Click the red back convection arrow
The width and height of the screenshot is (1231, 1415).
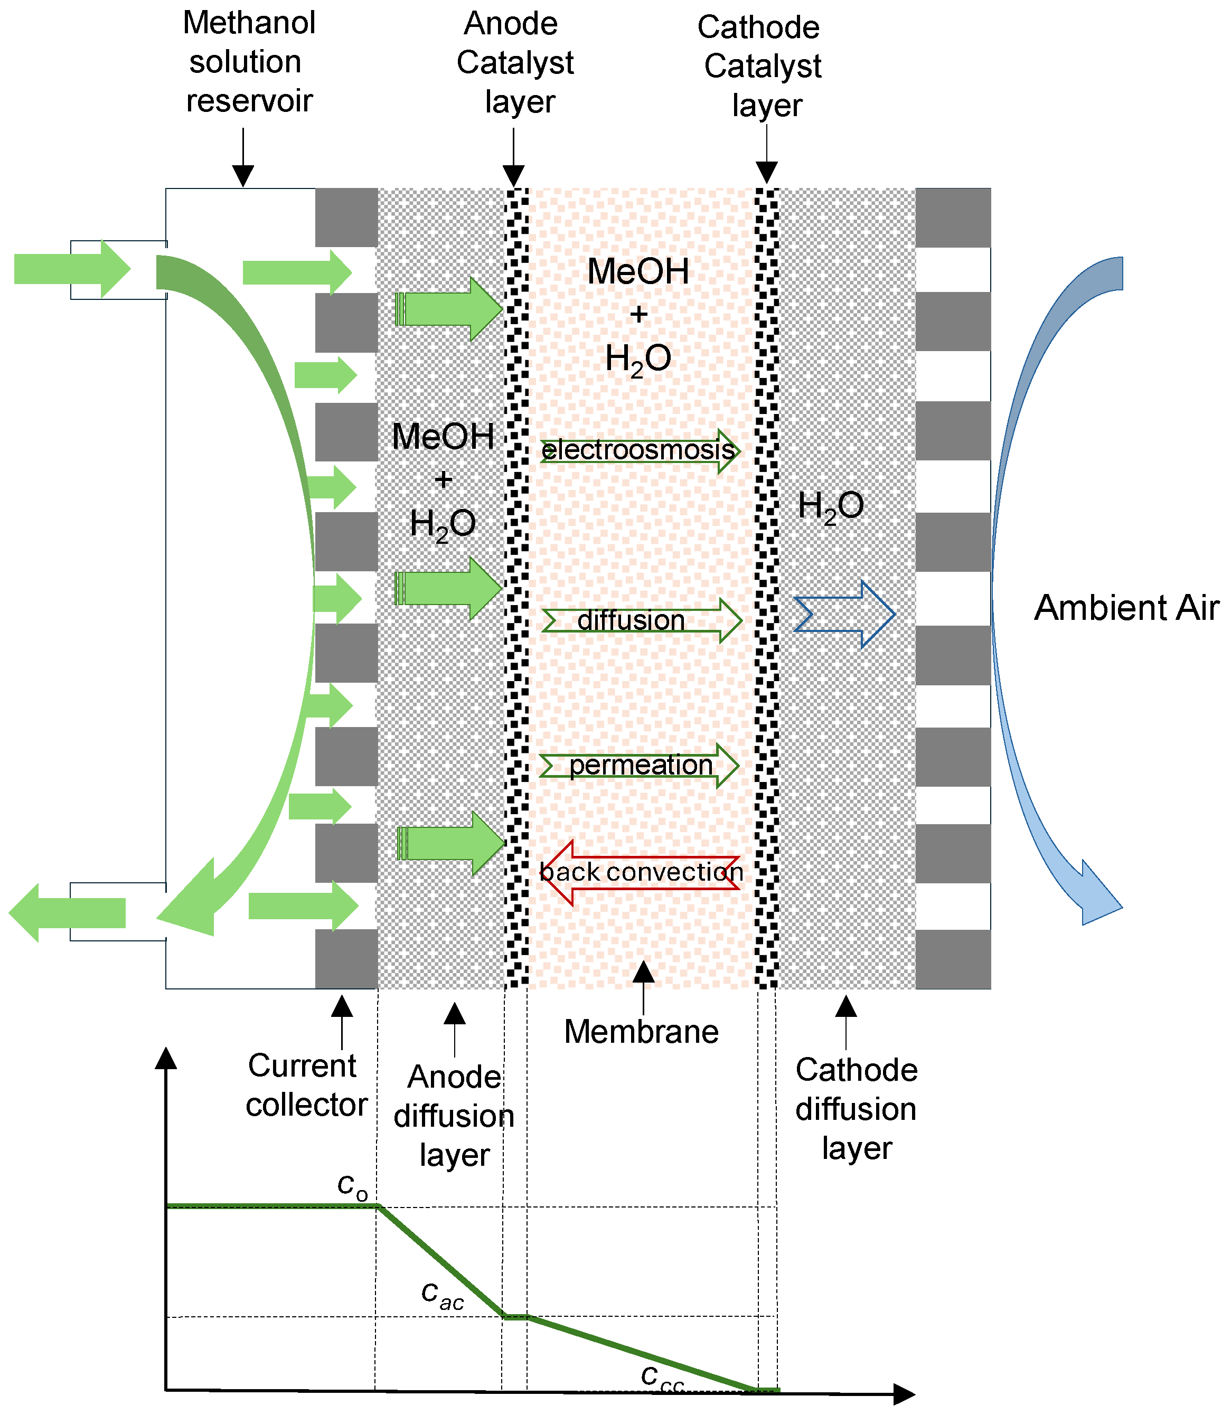[639, 872]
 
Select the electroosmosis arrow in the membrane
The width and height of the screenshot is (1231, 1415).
[639, 451]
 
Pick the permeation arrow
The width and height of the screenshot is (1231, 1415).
[639, 765]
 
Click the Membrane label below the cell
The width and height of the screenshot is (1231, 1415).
[641, 1032]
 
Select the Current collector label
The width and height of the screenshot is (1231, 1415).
[306, 1086]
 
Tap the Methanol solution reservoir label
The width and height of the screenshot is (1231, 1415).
[249, 62]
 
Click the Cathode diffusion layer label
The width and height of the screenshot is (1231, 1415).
[856, 1109]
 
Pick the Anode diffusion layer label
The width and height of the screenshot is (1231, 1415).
[454, 1116]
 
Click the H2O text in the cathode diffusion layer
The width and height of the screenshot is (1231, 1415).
[831, 506]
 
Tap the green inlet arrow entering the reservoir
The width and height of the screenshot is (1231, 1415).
[72, 269]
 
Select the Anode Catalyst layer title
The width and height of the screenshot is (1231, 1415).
[515, 62]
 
